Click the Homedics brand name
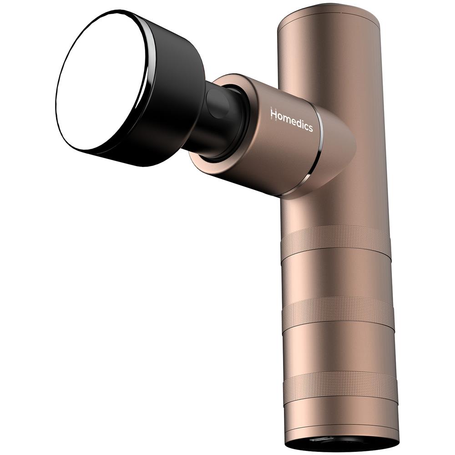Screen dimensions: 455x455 [292, 119]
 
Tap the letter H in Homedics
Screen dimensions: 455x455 [274, 113]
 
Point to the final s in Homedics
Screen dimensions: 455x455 [310, 127]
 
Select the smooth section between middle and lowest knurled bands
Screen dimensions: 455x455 [339, 348]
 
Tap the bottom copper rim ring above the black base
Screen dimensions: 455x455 [341, 430]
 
